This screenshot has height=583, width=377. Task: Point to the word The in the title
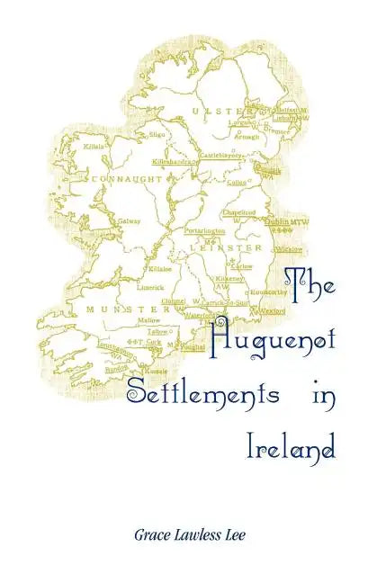(310, 283)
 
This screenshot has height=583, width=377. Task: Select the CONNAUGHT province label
(127, 179)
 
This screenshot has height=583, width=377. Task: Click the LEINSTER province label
(236, 246)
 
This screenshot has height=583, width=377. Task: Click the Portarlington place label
(204, 231)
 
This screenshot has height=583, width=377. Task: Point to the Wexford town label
(274, 310)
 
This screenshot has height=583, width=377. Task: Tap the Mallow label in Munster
(149, 320)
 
